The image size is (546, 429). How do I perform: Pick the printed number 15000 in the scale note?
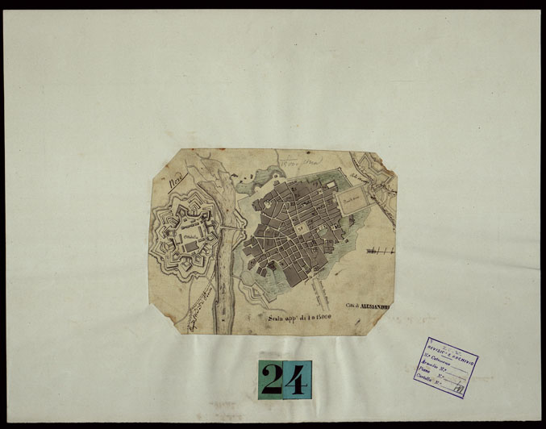pos(331,319)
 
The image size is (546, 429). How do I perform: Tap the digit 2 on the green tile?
pos(273,380)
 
